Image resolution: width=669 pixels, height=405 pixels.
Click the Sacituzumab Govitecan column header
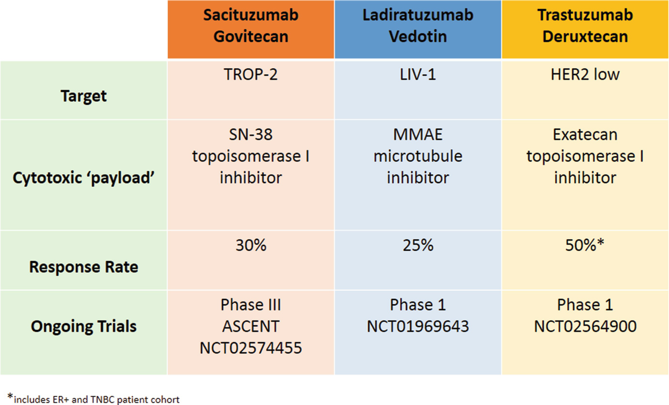(251, 26)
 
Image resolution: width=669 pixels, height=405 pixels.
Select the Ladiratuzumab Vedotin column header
(418, 26)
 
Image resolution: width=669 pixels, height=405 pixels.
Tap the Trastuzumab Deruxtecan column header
(585, 26)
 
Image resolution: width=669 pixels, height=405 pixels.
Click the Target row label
(84, 96)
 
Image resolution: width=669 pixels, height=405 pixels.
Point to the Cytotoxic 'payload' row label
(84, 178)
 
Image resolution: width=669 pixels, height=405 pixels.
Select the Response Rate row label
(84, 267)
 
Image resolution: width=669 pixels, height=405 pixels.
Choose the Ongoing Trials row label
(84, 326)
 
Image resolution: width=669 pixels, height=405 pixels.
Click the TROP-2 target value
(251, 75)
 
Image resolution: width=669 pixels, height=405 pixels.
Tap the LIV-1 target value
(418, 75)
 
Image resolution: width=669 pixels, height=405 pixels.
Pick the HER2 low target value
(585, 75)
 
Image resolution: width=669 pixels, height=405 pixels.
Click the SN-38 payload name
(251, 135)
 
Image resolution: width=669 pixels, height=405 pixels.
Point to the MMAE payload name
(418, 135)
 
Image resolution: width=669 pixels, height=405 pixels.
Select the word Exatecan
(585, 135)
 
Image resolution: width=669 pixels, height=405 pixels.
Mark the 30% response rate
(251, 245)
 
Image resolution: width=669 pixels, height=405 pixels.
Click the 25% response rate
(418, 245)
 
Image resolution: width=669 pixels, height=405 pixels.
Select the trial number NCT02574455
(251, 348)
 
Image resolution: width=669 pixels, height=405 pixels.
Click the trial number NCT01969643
(418, 326)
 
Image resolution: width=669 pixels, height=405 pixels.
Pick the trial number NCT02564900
(585, 326)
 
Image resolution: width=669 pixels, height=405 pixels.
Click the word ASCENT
(251, 326)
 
